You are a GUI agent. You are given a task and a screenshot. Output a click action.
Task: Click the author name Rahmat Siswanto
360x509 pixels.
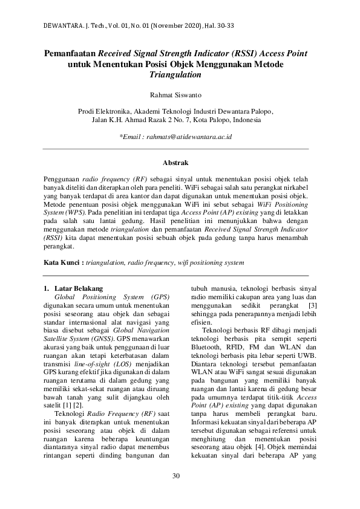point(176,94)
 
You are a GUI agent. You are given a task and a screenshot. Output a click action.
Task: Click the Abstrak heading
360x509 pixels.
point(176,163)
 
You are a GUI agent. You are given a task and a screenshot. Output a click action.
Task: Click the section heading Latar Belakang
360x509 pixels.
point(79,289)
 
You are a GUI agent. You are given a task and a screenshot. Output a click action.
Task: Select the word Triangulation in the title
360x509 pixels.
point(176,74)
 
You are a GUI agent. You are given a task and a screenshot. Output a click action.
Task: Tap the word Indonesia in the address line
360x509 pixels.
point(245,120)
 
